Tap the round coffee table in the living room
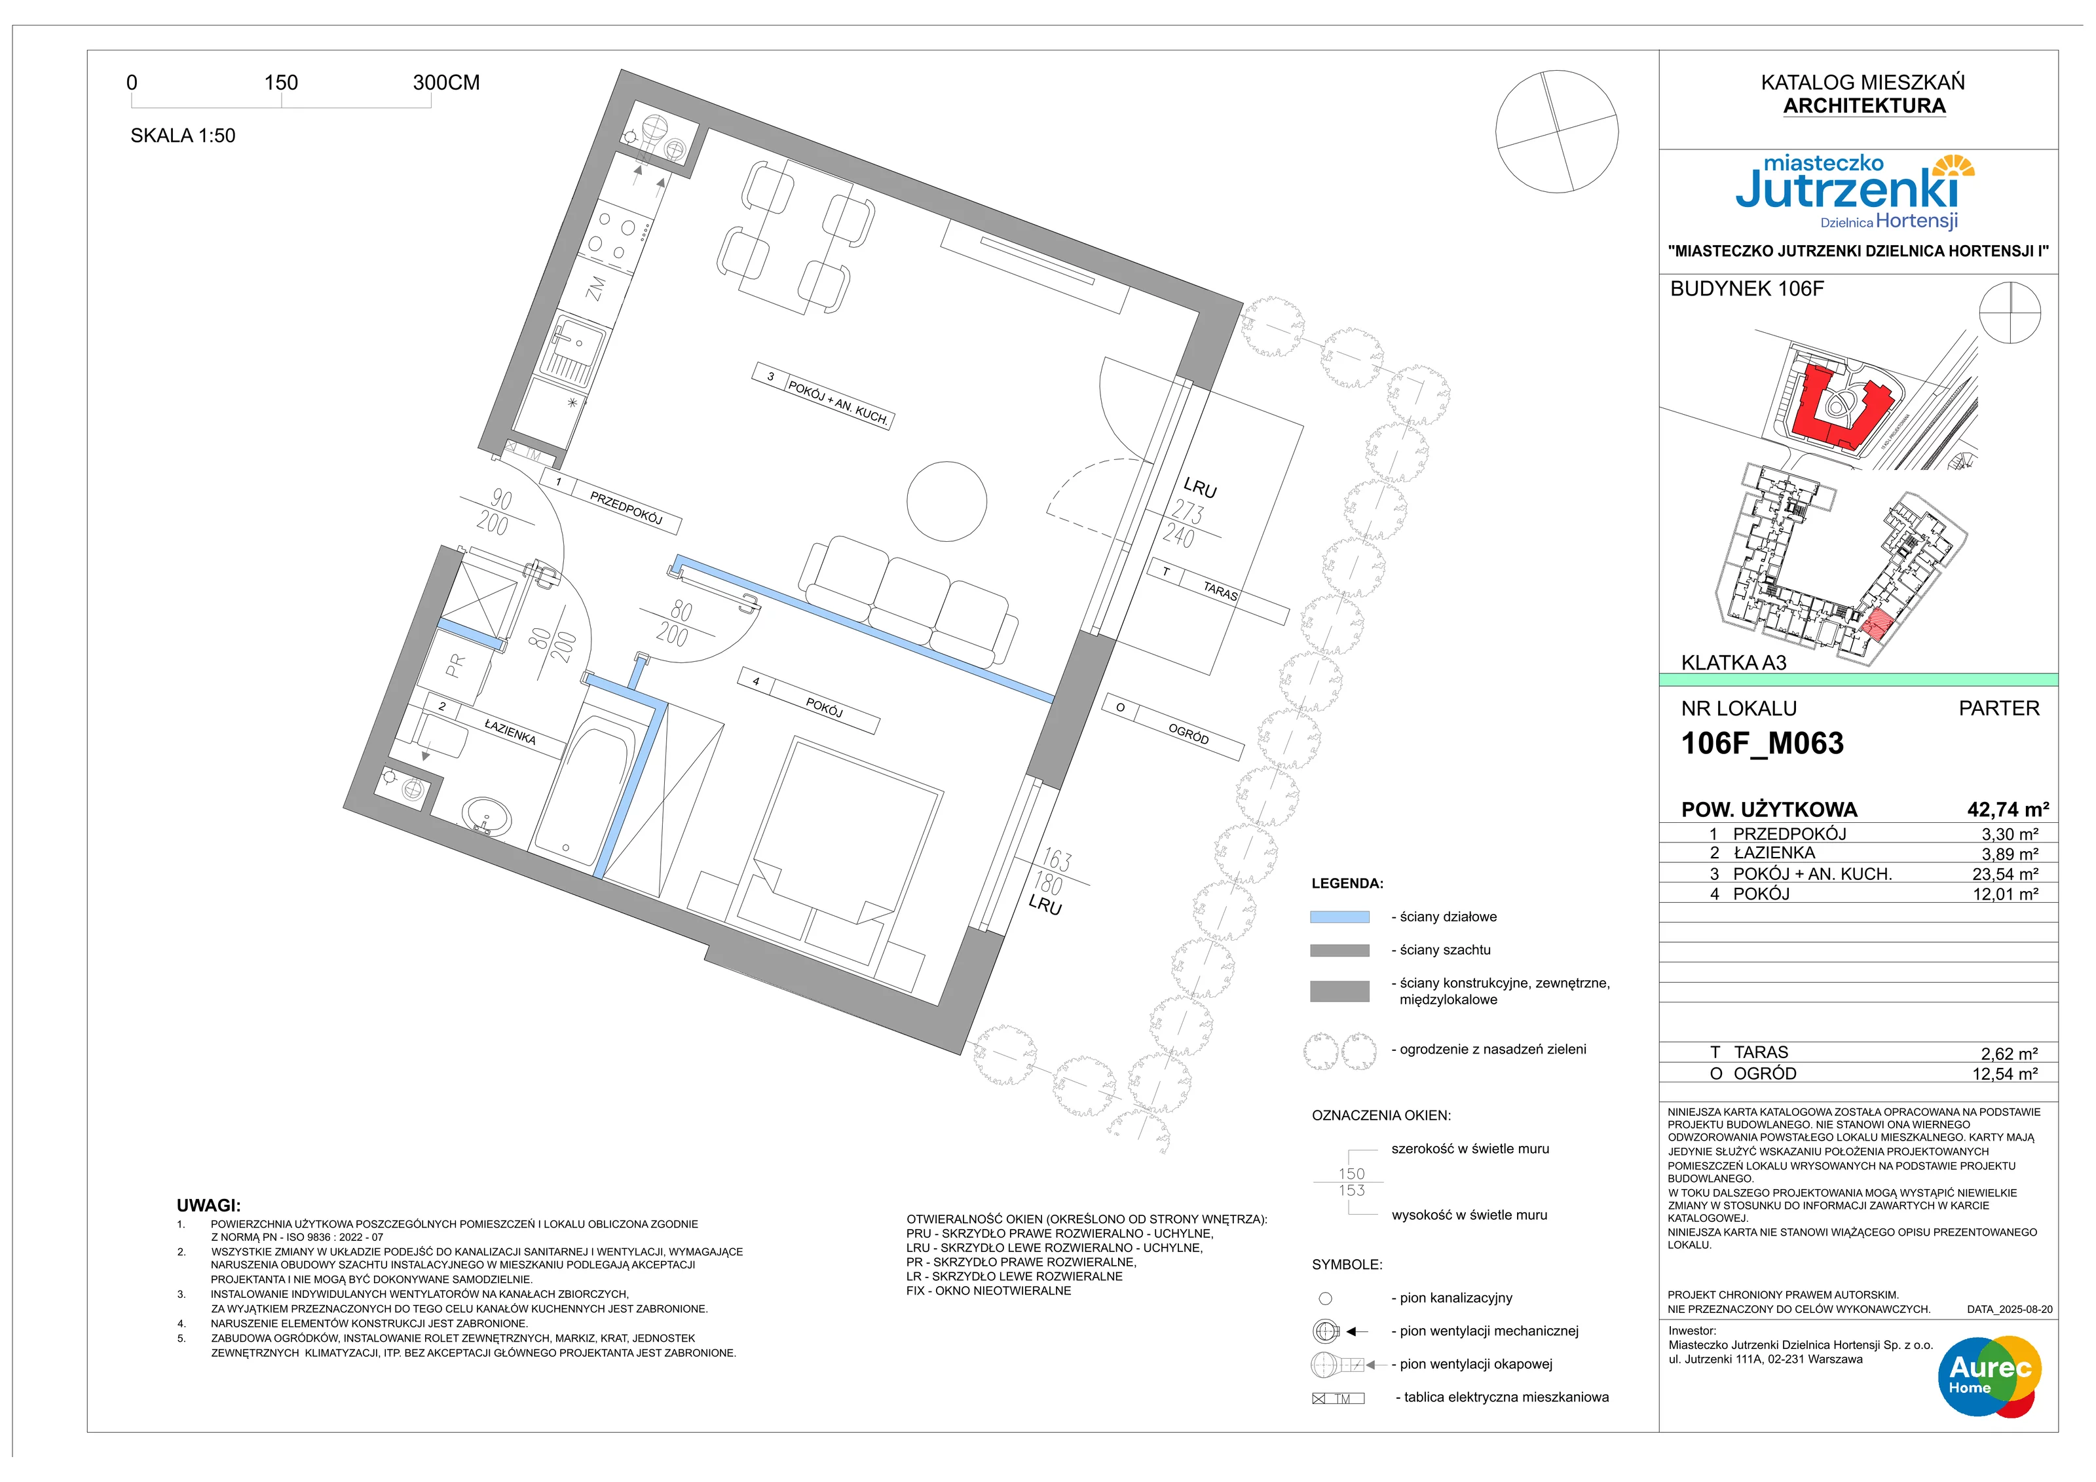pyautogui.click(x=946, y=501)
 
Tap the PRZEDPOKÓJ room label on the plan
pyautogui.click(x=626, y=508)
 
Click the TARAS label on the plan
pyautogui.click(x=1220, y=591)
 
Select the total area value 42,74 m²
pyautogui.click(x=2008, y=809)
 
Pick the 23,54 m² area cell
pyautogui.click(x=2005, y=874)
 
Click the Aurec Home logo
pyautogui.click(x=1989, y=1375)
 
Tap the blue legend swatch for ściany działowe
pyautogui.click(x=1339, y=917)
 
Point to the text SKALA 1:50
pyautogui.click(x=183, y=135)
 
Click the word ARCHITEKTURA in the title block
pyautogui.click(x=1864, y=106)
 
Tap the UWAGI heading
pyautogui.click(x=208, y=1206)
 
